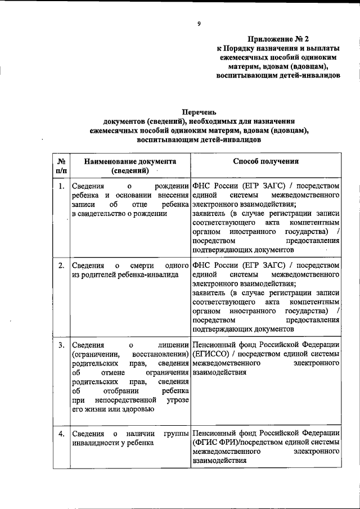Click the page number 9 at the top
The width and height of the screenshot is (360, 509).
199,23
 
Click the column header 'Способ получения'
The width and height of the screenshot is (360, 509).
265,161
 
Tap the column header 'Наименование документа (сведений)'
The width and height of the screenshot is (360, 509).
130,165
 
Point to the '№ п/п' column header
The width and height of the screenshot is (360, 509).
60,165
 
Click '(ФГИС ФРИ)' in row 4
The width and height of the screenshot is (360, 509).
214,443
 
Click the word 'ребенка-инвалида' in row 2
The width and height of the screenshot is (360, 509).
148,274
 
